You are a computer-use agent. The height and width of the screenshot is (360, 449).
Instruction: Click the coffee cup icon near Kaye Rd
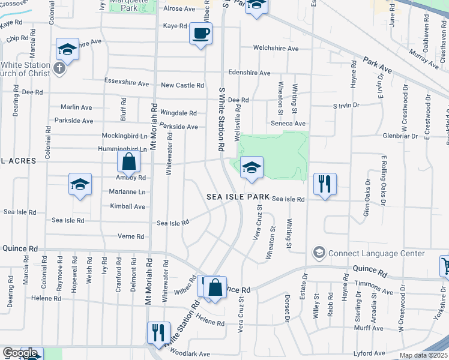point(200,32)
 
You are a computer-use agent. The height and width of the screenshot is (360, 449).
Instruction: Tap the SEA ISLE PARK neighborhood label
point(238,197)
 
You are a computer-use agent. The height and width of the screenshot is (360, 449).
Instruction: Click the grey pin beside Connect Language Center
point(318,253)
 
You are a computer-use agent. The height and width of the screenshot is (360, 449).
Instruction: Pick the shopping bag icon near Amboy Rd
point(128,161)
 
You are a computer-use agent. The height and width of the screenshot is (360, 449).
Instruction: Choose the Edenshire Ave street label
point(249,73)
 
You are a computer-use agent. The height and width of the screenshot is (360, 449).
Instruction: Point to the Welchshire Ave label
point(276,49)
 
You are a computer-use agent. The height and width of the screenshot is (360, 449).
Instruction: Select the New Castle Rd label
point(182,86)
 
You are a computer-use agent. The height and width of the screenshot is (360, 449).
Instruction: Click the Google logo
point(20,353)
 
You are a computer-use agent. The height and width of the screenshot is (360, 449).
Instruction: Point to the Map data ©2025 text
point(422,355)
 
